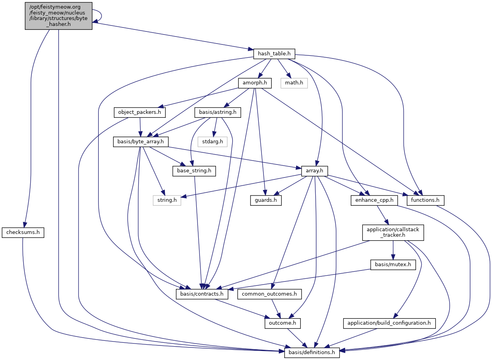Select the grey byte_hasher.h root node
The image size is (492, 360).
click(59, 16)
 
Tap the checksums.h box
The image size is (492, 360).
click(23, 233)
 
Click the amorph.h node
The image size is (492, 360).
click(255, 83)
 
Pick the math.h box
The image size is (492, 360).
click(294, 83)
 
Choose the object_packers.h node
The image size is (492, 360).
click(140, 113)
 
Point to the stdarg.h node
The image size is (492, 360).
click(212, 142)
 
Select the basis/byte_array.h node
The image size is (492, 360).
click(141, 142)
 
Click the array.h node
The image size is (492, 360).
click(314, 171)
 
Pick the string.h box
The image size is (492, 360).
click(167, 200)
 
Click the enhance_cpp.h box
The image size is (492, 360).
click(374, 200)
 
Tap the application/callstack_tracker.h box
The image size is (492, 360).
click(393, 233)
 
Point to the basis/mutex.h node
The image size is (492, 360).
click(393, 265)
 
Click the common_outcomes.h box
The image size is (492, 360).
click(272, 294)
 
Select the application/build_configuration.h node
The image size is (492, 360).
click(390, 323)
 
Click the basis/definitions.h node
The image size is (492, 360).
click(312, 352)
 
